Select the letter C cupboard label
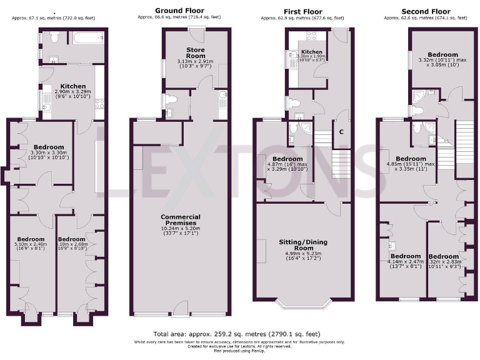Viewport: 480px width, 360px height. pos(341,132)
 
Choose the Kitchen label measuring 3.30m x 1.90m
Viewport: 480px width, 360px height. pos(311,52)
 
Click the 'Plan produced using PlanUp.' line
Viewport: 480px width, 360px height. pos(240,351)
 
